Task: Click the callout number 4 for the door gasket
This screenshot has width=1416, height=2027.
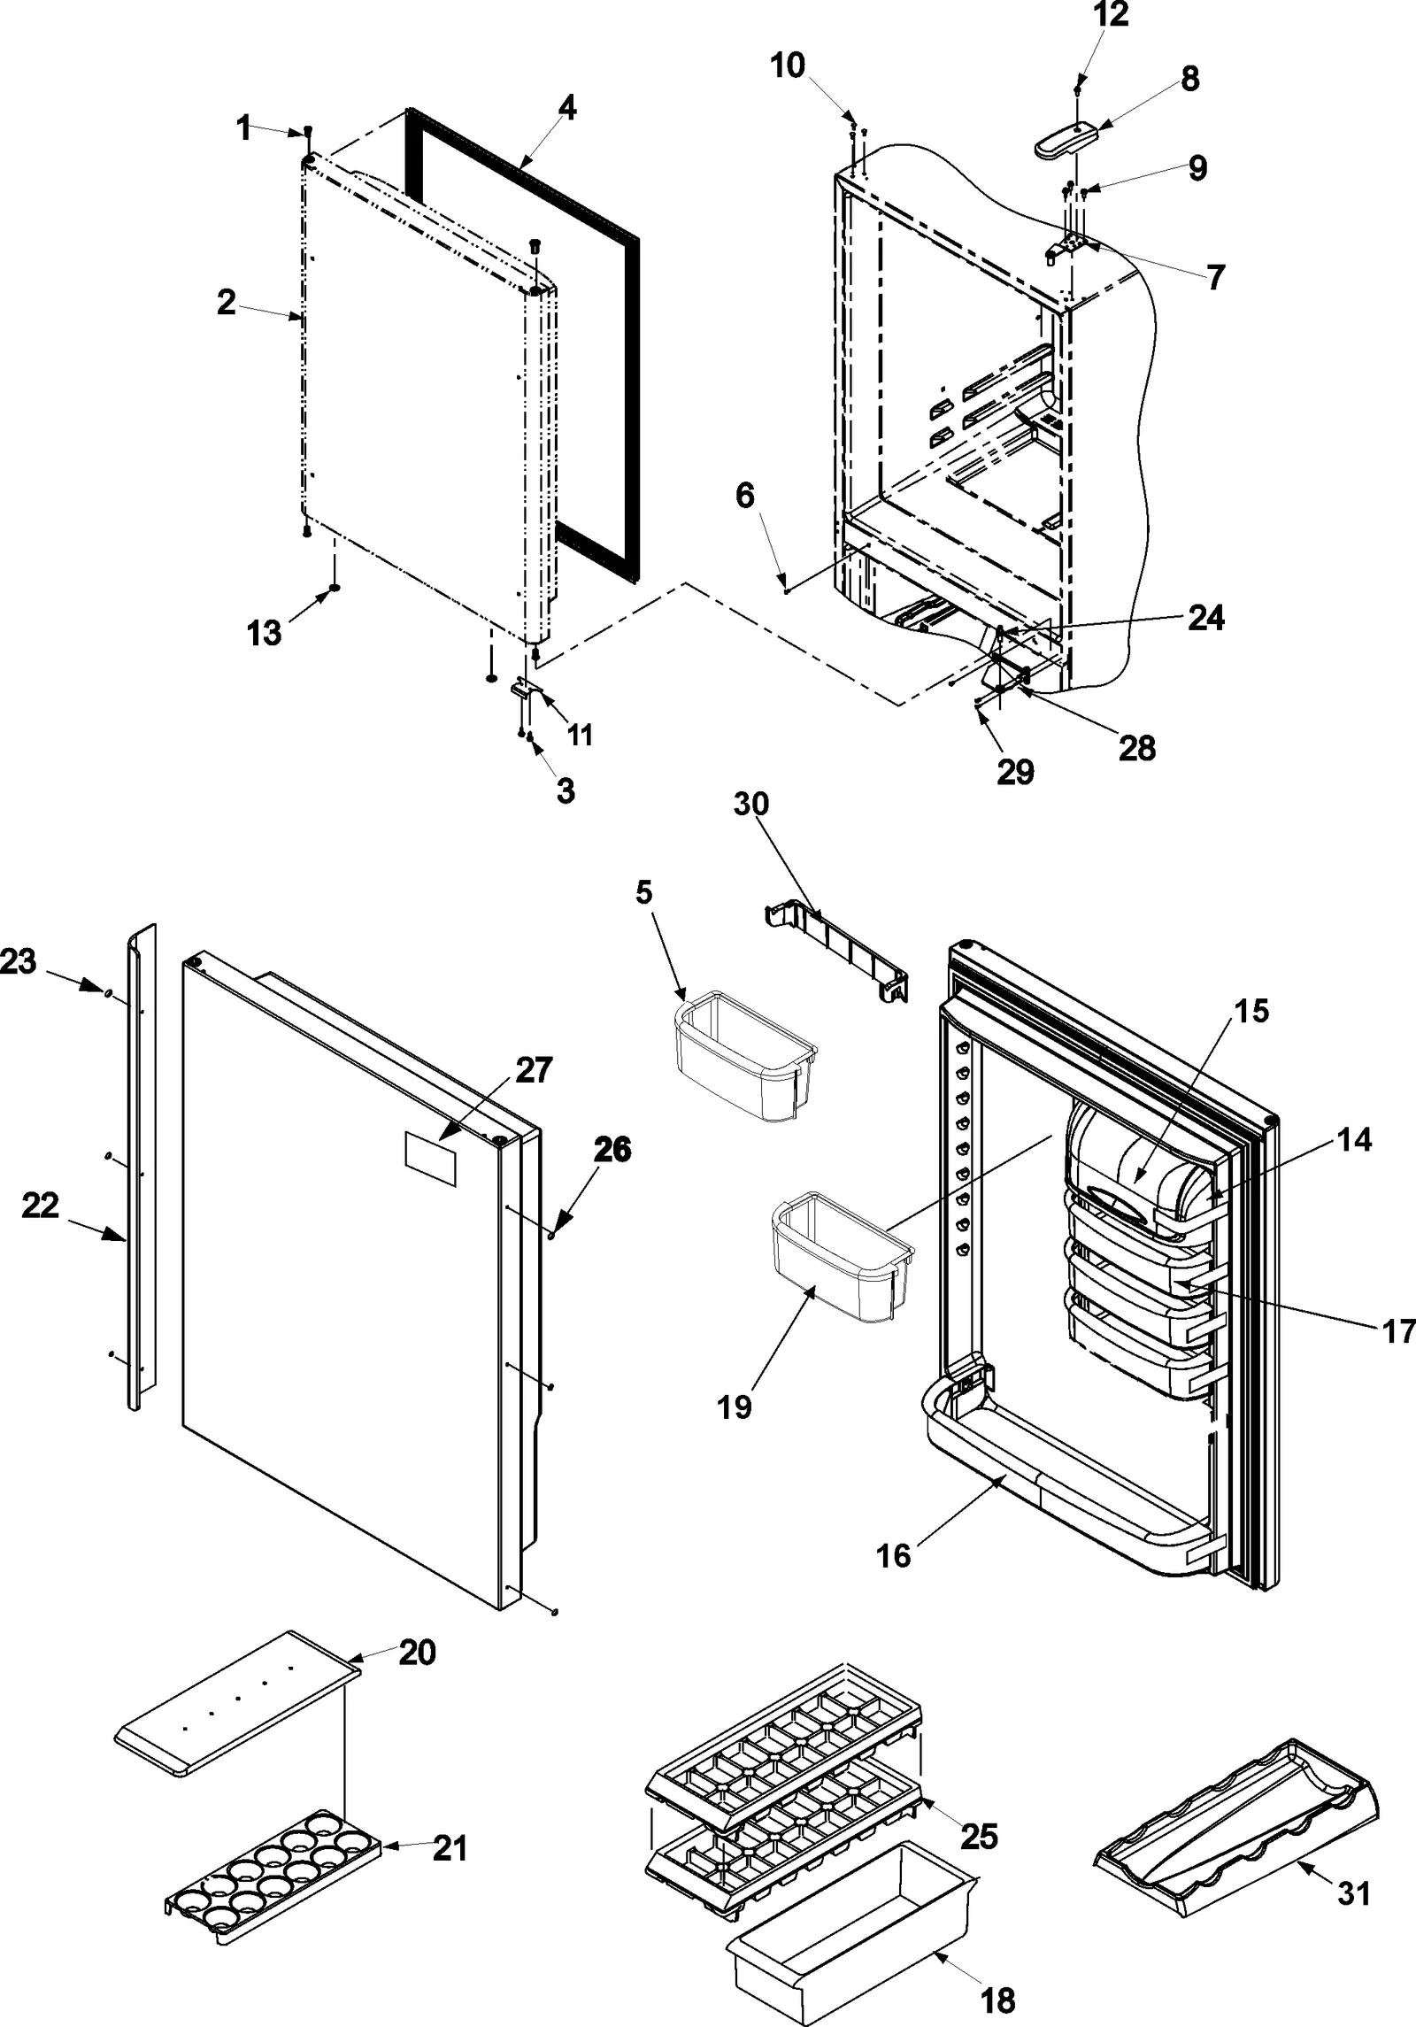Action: tap(567, 109)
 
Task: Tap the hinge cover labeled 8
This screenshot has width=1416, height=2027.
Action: tap(1065, 139)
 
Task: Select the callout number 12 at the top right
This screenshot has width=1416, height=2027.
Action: tap(1111, 15)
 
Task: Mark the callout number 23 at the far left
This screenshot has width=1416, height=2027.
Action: tap(18, 961)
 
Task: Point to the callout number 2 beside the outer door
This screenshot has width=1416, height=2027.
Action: tap(227, 302)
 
